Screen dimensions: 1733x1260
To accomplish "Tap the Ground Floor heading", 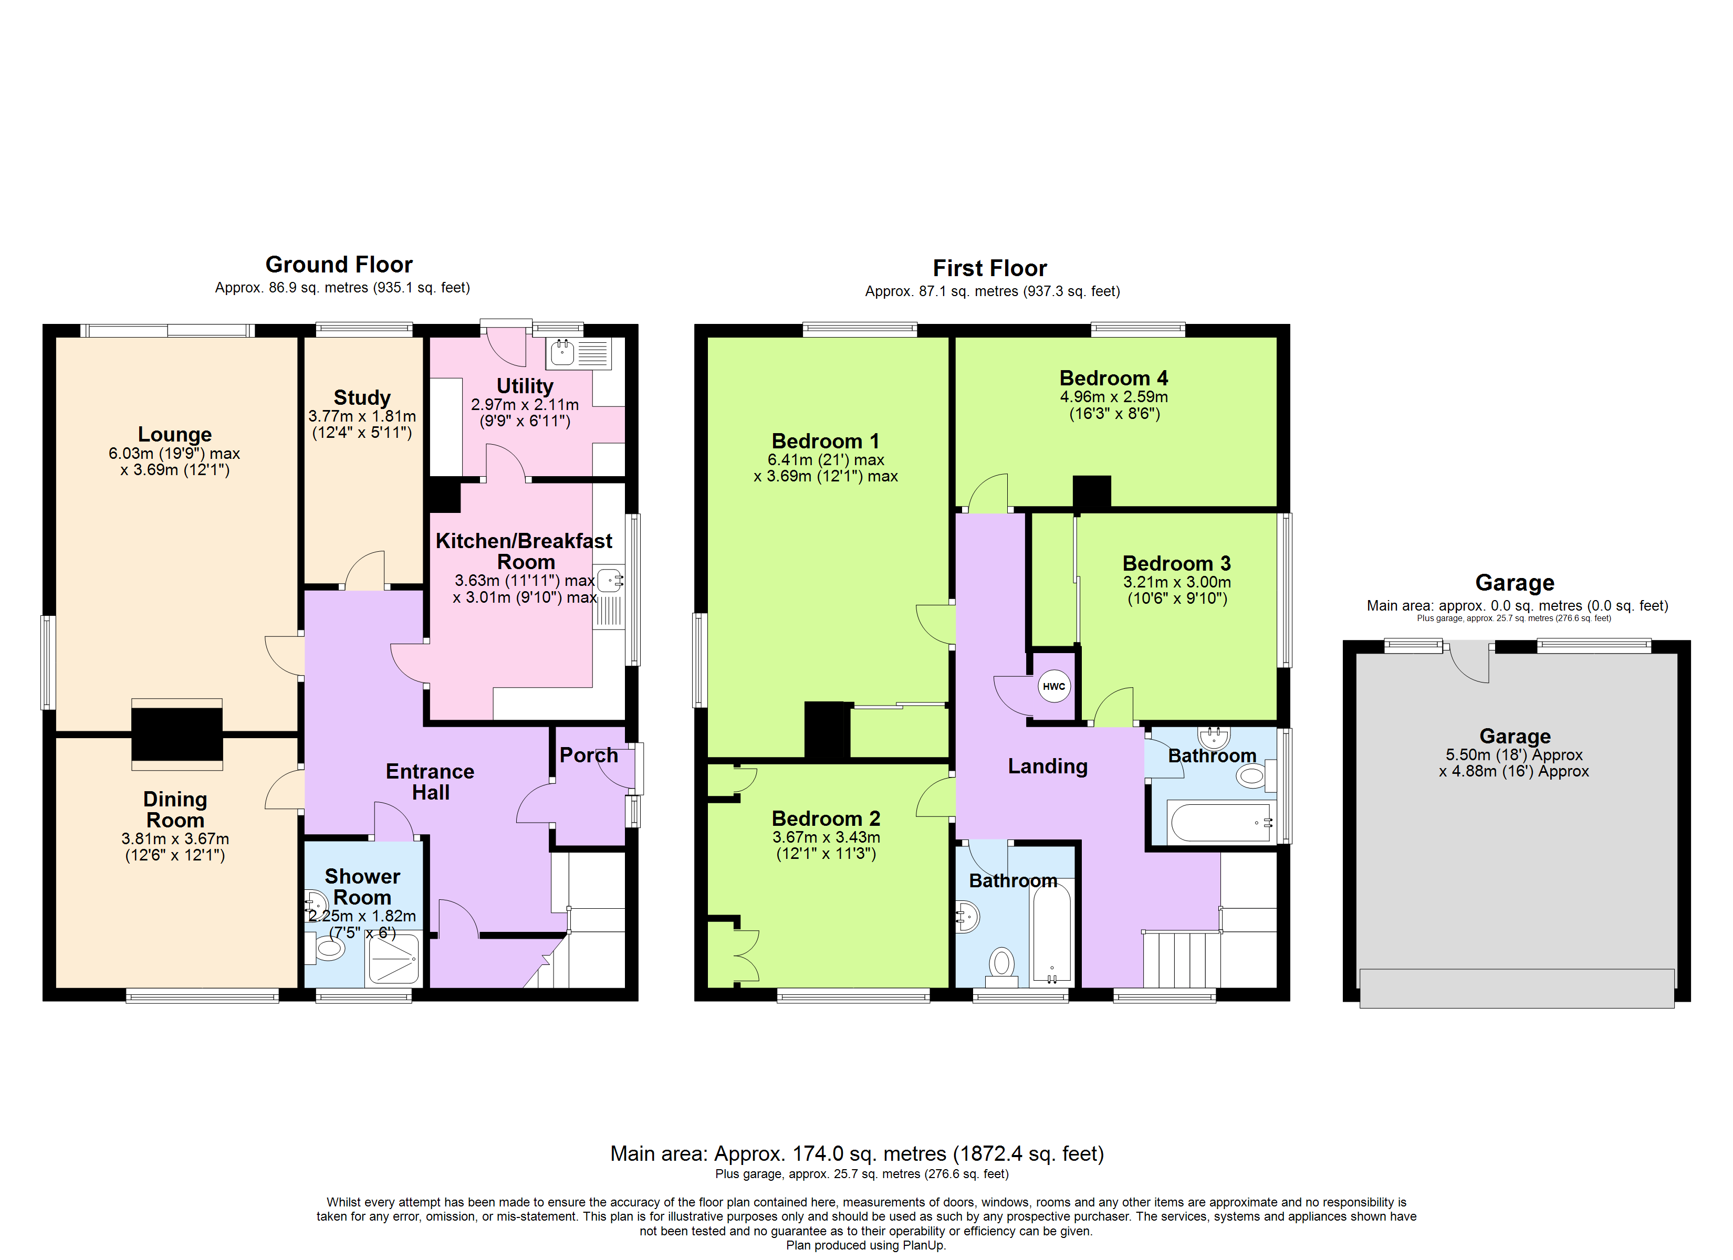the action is (339, 265).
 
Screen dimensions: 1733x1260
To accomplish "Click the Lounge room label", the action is (175, 434).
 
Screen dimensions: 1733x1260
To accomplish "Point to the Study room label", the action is (362, 397).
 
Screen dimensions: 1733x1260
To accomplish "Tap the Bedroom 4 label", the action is (1113, 378).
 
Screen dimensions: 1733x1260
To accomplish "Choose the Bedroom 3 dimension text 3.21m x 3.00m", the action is (1177, 582).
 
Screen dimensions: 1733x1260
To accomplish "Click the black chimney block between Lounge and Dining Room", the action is (176, 733).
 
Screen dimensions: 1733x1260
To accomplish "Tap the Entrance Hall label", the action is (430, 782).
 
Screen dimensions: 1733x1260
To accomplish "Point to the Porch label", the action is (588, 755).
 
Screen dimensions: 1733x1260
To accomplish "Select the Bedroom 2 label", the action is (826, 818).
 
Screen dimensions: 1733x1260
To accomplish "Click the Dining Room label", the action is (175, 809).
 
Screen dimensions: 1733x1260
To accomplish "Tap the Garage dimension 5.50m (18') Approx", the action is (1513, 755).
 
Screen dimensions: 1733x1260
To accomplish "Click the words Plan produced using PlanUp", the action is (866, 1245).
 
